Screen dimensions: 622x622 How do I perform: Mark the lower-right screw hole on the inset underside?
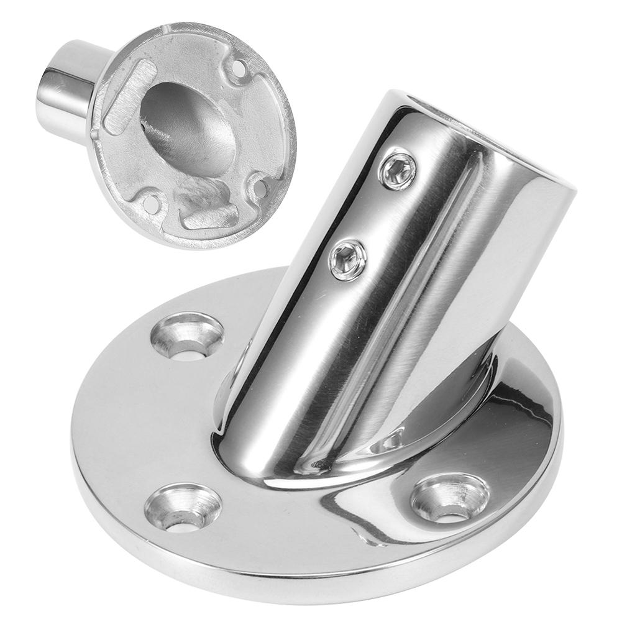tap(262, 187)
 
